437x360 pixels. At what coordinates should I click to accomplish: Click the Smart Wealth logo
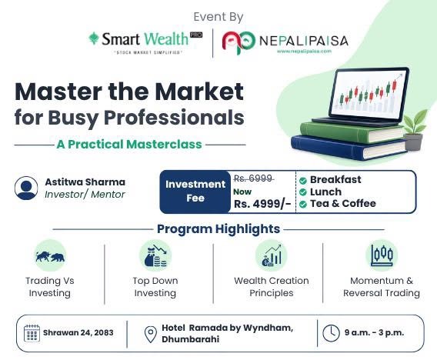coord(145,42)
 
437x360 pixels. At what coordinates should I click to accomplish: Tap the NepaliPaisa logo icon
coord(239,42)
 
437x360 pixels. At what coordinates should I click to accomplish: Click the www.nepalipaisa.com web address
coord(304,51)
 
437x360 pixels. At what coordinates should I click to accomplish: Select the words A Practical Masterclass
coord(129,145)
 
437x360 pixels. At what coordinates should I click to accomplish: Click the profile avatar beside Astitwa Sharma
coord(26,188)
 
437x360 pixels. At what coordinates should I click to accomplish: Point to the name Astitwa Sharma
coord(85,182)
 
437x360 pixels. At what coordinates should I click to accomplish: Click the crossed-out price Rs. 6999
coord(253,178)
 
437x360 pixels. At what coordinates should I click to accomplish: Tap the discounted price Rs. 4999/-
coord(262,204)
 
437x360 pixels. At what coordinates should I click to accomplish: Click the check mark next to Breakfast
coord(302,181)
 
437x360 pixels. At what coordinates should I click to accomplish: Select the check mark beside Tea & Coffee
coord(302,205)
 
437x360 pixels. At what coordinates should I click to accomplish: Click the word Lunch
coord(325,192)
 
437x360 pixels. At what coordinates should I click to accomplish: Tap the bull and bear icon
coord(50,256)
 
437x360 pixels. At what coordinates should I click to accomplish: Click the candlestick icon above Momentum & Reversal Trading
coord(382,255)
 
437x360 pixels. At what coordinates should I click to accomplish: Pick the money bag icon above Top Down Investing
coord(155,255)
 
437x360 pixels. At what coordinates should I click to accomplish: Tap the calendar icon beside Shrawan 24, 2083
coord(32,333)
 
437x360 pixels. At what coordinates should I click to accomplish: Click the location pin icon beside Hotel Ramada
coord(151,335)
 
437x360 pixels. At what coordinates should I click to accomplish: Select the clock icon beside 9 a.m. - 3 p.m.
coord(331,333)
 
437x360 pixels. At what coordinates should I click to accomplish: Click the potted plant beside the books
coord(415,130)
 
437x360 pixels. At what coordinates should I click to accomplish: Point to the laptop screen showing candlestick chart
coord(369,93)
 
